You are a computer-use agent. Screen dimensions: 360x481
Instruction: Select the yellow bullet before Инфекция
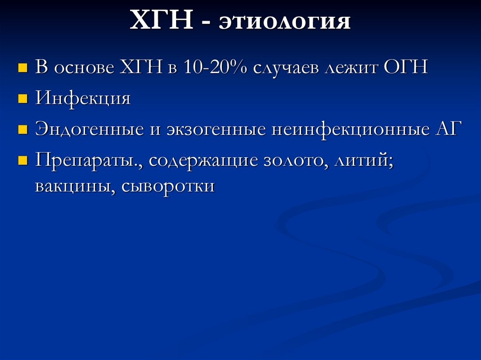pos(21,100)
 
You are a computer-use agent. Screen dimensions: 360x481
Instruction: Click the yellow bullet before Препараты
pos(21,161)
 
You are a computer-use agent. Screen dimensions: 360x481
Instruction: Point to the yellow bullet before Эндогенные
pos(21,130)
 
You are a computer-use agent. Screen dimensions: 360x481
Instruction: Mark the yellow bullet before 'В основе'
pos(21,69)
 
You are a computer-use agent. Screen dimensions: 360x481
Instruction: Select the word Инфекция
pos(83,100)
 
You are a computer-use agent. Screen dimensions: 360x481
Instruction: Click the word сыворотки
pos(168,186)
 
